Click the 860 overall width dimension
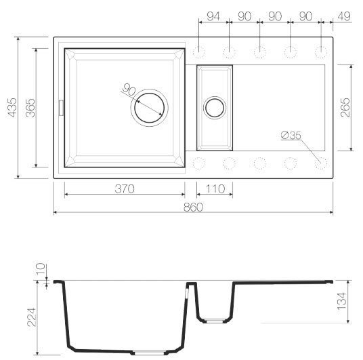pos(192,207)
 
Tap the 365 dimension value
pos(29,106)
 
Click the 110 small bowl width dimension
pos(215,188)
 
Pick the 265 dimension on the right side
pos(345,107)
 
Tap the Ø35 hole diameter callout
pos(290,136)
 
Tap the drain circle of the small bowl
pos(215,107)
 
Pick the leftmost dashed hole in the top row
pos(199,52)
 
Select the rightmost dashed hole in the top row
pos(320,52)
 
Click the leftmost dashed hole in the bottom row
pos(199,163)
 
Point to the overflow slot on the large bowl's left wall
pos(62,107)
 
